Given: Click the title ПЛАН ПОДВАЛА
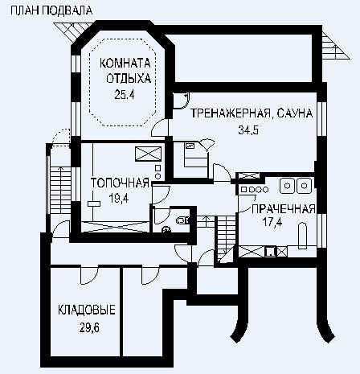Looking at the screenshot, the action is [51, 10].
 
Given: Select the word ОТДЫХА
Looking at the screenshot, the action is [129, 79].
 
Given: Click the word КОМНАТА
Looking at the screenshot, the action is [125, 64].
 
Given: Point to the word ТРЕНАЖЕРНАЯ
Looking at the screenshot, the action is [231, 113].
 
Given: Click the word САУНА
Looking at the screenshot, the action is [295, 113].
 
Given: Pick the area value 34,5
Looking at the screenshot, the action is [248, 130].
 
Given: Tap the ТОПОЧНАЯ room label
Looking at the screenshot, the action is [120, 183].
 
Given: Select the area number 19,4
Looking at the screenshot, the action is [119, 199].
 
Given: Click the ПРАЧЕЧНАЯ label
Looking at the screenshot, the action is [284, 209].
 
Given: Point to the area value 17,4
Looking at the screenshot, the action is [272, 222].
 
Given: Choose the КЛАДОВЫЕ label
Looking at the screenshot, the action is [87, 310].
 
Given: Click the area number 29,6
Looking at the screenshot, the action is [89, 327].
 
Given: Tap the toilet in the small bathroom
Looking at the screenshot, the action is [182, 220].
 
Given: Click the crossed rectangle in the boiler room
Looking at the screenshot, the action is [149, 154].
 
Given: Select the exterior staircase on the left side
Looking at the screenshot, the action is [60, 190].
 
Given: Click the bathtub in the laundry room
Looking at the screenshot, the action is [303, 236].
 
